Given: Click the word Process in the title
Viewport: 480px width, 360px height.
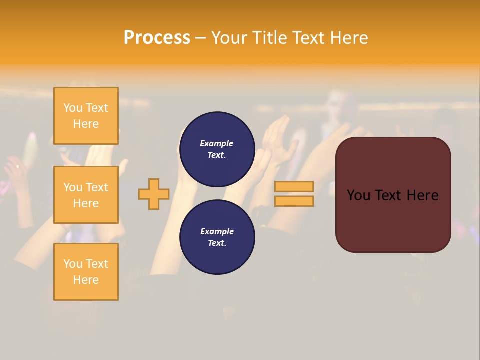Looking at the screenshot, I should [157, 37].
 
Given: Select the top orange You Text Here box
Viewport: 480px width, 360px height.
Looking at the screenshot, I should [86, 116].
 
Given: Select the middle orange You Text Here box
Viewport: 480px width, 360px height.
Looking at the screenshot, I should [86, 195].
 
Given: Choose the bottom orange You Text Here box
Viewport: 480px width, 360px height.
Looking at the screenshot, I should [86, 272].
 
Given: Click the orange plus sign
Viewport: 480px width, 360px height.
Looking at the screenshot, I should [154, 194].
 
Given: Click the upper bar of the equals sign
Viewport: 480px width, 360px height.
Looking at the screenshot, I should [294, 186].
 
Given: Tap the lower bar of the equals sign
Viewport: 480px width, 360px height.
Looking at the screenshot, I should [294, 201].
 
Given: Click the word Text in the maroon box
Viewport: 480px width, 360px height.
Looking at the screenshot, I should [388, 195].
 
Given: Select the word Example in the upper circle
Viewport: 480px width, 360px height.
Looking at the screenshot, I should [217, 143].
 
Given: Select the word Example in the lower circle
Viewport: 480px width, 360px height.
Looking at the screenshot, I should [217, 231].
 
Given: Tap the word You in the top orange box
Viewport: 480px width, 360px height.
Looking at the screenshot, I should [73, 108].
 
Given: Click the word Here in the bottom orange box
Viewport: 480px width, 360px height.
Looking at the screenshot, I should [86, 280].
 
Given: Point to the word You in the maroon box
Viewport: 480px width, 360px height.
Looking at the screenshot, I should [358, 195].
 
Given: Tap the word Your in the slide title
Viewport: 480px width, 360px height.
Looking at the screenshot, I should [229, 37].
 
